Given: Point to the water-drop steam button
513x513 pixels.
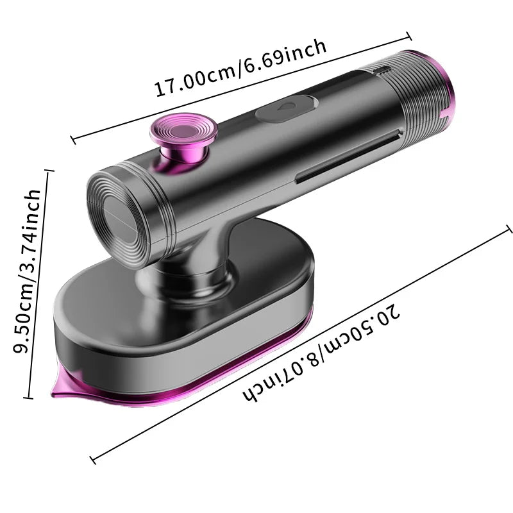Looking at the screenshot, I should pyautogui.click(x=285, y=108).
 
